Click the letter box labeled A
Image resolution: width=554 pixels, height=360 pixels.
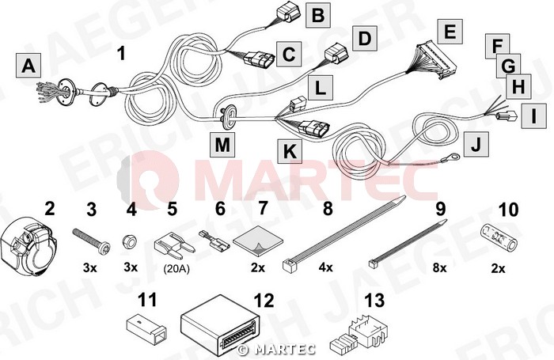tap(28, 66)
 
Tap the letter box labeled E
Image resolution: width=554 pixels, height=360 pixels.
tap(450, 32)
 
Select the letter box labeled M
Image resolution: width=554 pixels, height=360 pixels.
tap(222, 144)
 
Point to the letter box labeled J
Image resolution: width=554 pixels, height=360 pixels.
tap(476, 144)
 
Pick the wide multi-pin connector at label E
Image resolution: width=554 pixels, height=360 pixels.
tap(437, 60)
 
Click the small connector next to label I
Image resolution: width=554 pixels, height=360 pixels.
tap(507, 116)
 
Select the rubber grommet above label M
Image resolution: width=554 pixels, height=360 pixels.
tap(228, 116)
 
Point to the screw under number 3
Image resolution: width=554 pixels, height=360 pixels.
tap(91, 239)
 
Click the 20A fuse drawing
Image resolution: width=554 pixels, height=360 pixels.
tap(174, 244)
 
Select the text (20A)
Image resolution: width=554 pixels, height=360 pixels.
tap(176, 269)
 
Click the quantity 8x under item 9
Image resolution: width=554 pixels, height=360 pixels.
tap(440, 267)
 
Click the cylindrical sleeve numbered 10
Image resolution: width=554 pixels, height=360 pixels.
tap(499, 237)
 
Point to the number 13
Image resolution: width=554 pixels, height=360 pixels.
tap(374, 301)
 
